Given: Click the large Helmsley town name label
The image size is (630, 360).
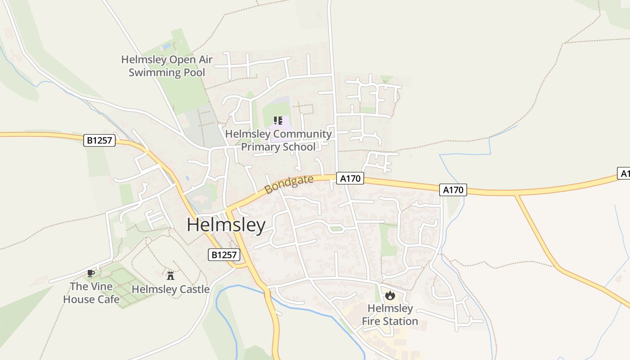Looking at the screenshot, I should click(226, 225).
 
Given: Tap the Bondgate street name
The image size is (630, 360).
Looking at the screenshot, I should click(289, 184).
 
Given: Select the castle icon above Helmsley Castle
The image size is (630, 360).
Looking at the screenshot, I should click(170, 275).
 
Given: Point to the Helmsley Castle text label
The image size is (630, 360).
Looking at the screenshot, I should click(171, 289).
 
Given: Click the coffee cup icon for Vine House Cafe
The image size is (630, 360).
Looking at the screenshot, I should click(91, 273).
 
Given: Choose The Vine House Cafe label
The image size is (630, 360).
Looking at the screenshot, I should click(91, 292).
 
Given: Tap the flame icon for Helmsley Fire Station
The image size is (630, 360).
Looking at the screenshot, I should click(390, 296).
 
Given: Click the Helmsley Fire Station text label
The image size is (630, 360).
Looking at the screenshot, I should click(390, 315).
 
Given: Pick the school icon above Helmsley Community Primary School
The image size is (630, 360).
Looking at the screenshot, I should click(278, 121).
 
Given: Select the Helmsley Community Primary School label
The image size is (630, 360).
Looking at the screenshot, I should click(278, 140).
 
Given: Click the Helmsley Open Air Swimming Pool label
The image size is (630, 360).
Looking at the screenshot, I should click(167, 66).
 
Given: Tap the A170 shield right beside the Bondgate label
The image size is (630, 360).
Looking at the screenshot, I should click(350, 179).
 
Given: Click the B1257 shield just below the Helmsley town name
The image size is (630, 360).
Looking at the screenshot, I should click(224, 255).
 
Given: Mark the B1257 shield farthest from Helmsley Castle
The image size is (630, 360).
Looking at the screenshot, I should click(99, 140).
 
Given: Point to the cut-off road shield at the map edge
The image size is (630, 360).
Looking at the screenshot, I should click(624, 174).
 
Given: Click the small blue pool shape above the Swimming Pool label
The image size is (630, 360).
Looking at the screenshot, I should click(166, 46).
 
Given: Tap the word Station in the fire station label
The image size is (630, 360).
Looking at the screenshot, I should click(400, 321).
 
